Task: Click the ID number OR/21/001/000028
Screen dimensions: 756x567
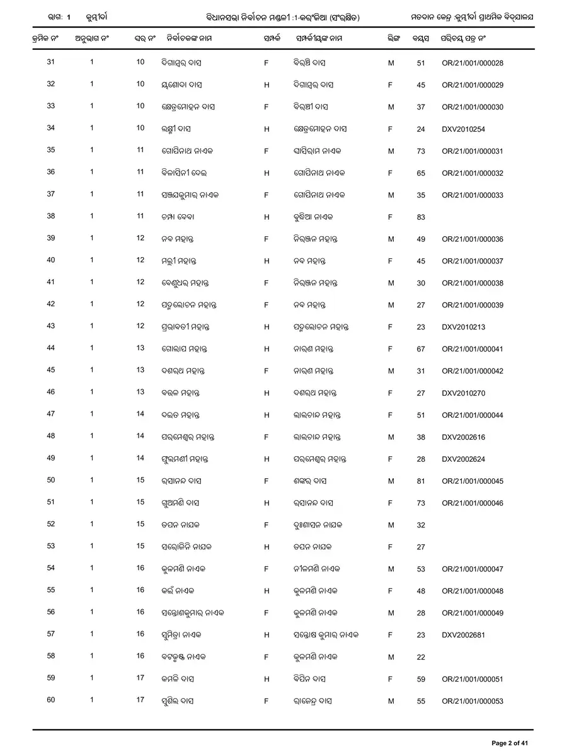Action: tap(472, 63)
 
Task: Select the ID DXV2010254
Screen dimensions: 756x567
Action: tap(463, 129)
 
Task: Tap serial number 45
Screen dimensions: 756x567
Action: tap(51, 370)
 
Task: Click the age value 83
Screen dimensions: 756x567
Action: tap(421, 217)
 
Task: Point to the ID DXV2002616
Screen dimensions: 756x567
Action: tap(463, 437)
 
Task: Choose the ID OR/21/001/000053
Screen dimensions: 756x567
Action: tap(472, 701)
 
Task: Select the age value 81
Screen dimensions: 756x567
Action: tap(421, 481)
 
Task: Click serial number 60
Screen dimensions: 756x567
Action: tap(51, 701)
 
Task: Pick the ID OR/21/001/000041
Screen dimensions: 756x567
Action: tap(472, 349)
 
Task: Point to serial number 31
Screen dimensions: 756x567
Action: tap(51, 62)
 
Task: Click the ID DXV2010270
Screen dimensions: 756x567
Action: tap(463, 393)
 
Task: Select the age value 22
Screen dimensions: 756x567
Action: tap(421, 657)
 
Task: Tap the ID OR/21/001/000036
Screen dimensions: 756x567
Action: tap(472, 239)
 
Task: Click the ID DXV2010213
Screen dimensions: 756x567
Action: tap(463, 327)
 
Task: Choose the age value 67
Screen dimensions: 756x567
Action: tap(421, 349)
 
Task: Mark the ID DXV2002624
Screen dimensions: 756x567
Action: tap(463, 459)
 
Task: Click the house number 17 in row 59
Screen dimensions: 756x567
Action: tap(140, 679)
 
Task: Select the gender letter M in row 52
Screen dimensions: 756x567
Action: tap(391, 525)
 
